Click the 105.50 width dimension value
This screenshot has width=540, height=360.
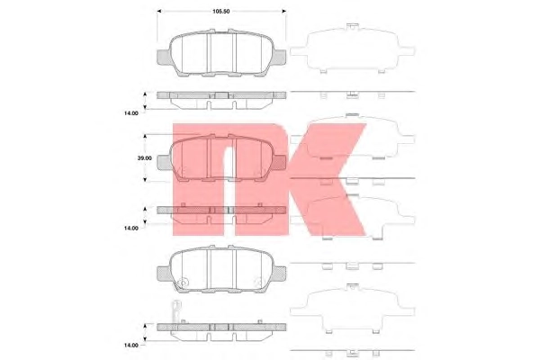point(220,12)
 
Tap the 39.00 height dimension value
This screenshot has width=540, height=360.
point(144,158)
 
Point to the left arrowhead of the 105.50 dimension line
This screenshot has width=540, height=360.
point(159,12)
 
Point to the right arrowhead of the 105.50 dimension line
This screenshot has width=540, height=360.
point(283,12)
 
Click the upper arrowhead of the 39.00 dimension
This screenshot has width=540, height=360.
point(145,137)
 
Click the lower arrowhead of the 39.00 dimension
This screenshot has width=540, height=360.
point(145,179)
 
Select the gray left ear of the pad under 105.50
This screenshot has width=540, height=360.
point(164,58)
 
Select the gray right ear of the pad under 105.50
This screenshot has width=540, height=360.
point(279,58)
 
